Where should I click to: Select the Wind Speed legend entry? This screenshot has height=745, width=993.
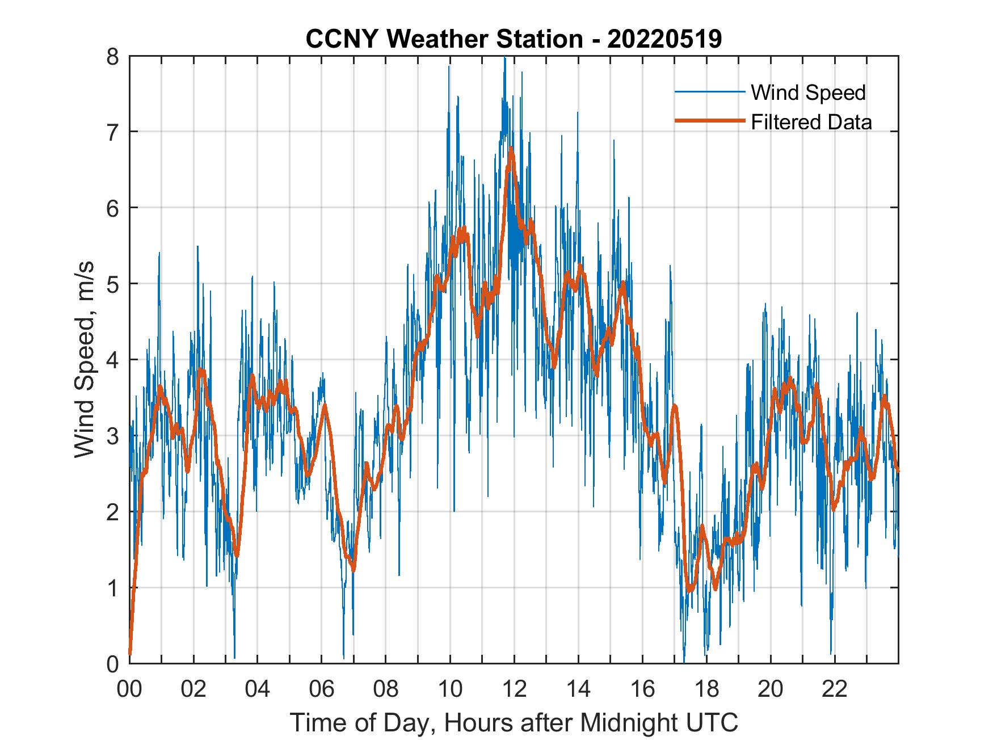point(808,92)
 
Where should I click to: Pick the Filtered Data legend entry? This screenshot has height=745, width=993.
point(811,122)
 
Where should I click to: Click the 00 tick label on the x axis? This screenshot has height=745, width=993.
point(129,690)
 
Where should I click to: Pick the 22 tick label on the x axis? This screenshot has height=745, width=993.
point(835,690)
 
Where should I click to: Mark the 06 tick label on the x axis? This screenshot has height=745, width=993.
point(322,690)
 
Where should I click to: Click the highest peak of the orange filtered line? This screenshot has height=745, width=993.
point(511,149)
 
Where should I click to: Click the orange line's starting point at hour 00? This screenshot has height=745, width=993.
point(130,654)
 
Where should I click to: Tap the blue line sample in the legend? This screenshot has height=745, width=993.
point(709,92)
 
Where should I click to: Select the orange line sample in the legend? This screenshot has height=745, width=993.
point(709,121)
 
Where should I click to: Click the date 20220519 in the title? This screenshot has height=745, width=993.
point(664,39)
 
